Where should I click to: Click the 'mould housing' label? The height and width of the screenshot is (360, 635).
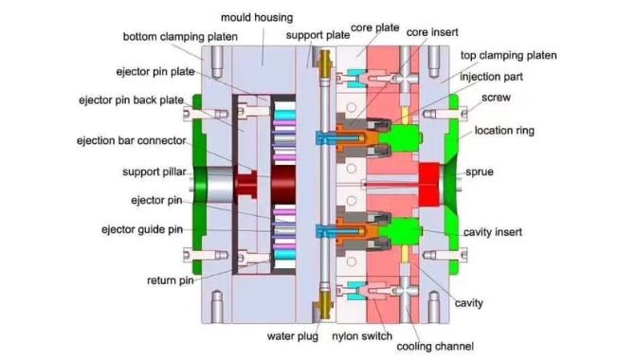(256, 17)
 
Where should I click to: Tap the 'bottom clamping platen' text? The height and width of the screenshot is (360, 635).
(180, 37)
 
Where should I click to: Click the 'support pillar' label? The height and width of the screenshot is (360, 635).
(154, 171)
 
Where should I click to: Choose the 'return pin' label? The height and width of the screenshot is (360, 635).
(171, 280)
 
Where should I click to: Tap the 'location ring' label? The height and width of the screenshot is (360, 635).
(508, 130)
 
